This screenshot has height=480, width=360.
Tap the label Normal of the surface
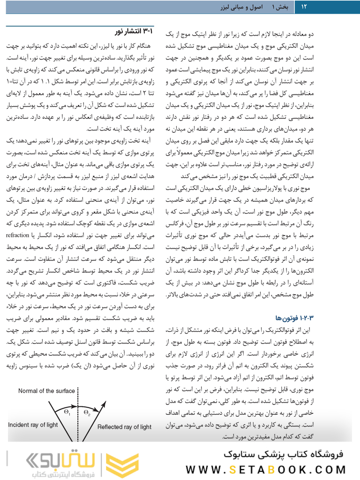[x=46, y=391]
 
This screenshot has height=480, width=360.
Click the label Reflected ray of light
[x=124, y=427]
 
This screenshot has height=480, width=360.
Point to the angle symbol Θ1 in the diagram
[x=67, y=412]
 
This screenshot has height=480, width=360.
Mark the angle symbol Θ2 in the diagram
[x=87, y=412]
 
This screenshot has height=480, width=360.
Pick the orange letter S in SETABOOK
[x=238, y=470]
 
